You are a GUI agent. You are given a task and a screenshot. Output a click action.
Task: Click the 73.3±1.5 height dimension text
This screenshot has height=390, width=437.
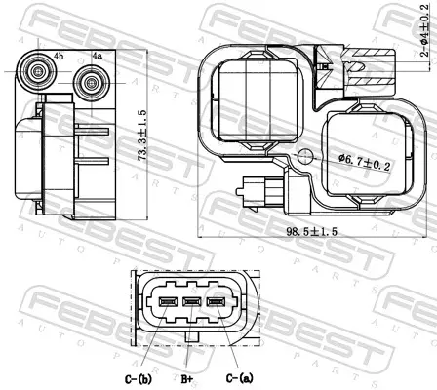(142, 136)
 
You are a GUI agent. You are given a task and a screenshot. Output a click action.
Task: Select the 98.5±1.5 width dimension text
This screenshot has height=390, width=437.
(312, 231)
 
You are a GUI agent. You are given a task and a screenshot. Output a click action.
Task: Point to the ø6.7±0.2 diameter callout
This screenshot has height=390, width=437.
(364, 162)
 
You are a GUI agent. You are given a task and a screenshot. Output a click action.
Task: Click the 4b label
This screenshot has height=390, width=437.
(59, 57)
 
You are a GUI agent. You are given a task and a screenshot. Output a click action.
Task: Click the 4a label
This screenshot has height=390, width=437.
(97, 56)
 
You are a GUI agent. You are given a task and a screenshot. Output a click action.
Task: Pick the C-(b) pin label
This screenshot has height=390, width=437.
(139, 378)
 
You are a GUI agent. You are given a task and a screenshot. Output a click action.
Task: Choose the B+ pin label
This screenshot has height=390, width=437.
(187, 379)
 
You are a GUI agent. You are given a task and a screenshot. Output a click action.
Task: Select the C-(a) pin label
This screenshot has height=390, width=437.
(239, 378)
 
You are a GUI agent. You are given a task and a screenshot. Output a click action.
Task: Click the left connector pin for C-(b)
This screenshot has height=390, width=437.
(168, 302)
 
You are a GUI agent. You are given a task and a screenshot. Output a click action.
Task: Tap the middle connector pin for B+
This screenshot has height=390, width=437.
(192, 302)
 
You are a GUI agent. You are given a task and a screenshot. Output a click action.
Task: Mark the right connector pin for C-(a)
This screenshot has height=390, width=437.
(217, 302)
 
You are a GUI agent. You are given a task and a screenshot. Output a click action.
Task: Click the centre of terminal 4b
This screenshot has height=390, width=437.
(39, 71)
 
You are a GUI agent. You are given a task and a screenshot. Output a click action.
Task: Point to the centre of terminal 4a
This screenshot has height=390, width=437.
(91, 83)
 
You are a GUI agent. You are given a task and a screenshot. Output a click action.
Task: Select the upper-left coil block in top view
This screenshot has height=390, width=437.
(258, 100)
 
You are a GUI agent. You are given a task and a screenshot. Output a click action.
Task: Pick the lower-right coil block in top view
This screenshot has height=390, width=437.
(369, 153)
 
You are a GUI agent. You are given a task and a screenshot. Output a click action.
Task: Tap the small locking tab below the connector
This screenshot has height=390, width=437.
(192, 337)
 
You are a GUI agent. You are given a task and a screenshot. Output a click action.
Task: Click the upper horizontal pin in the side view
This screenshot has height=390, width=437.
(92, 131)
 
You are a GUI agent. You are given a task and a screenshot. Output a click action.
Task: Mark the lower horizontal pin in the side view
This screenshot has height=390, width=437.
(92, 161)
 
